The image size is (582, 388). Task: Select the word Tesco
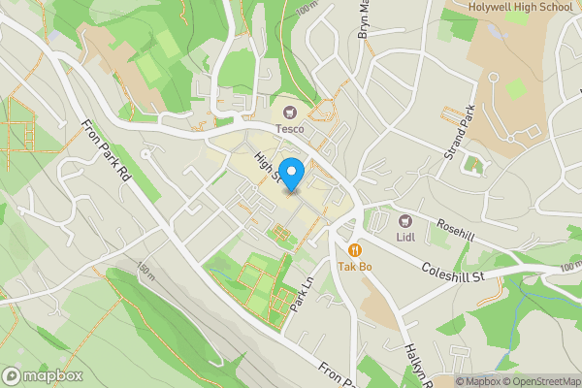pyautogui.click(x=289, y=129)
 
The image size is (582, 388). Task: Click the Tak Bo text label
pyautogui.click(x=355, y=266)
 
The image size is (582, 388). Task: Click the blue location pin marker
pyautogui.click(x=292, y=173)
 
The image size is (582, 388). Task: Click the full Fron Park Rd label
pyautogui.click(x=105, y=152)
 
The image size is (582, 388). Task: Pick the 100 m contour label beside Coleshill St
pyautogui.click(x=570, y=266)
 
